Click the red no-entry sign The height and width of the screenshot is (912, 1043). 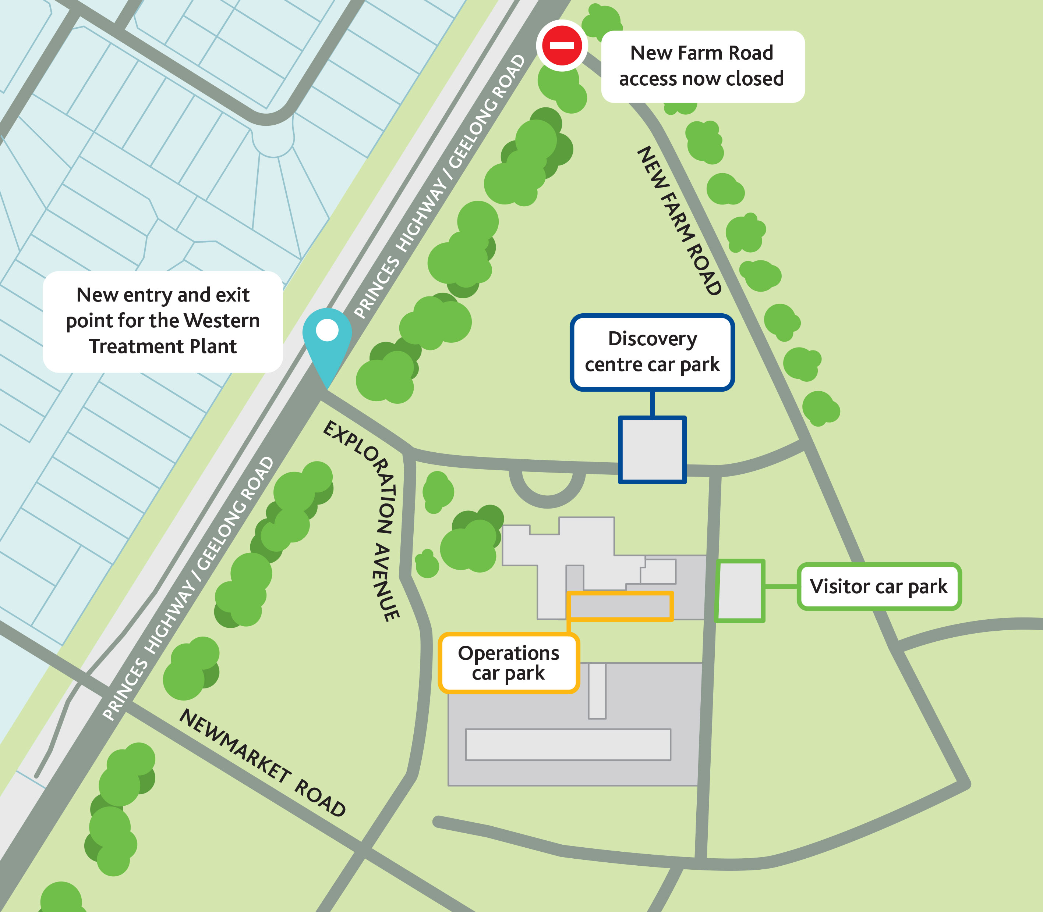point(562,45)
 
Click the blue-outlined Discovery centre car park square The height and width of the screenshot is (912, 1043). point(652,449)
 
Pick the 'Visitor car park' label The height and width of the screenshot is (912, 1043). point(879,586)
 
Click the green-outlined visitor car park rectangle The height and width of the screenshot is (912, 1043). point(740,591)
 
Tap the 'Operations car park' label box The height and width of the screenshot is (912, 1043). point(509,663)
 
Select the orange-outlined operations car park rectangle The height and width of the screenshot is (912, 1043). point(620,606)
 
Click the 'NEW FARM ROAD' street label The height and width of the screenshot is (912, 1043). point(680,220)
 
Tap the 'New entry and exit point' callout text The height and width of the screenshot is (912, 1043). point(163,321)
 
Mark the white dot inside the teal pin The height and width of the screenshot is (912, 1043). point(327,330)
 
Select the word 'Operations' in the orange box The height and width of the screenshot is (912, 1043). point(508,653)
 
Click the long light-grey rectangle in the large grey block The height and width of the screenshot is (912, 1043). point(568,745)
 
